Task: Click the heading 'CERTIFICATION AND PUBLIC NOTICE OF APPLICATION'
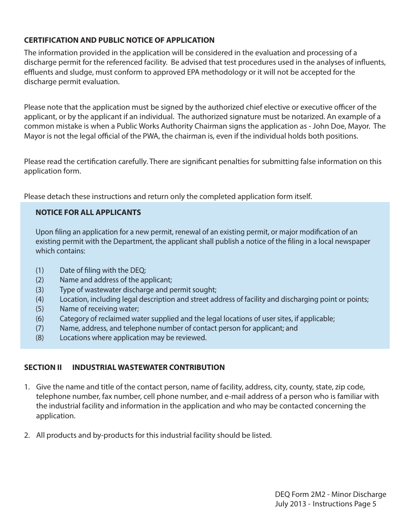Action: (119, 40)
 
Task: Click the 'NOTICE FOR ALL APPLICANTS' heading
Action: (88, 212)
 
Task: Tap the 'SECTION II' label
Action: (43, 367)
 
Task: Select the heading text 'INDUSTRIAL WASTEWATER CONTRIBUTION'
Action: (148, 367)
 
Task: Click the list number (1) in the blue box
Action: (40, 270)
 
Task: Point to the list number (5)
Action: (40, 309)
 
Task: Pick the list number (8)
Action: (40, 338)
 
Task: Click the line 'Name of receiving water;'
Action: (99, 309)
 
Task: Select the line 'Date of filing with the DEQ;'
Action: (103, 270)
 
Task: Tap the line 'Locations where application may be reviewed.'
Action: (133, 338)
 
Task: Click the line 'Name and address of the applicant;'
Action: (116, 280)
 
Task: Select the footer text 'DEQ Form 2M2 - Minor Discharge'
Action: (331, 494)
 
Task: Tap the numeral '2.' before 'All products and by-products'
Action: (27, 435)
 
